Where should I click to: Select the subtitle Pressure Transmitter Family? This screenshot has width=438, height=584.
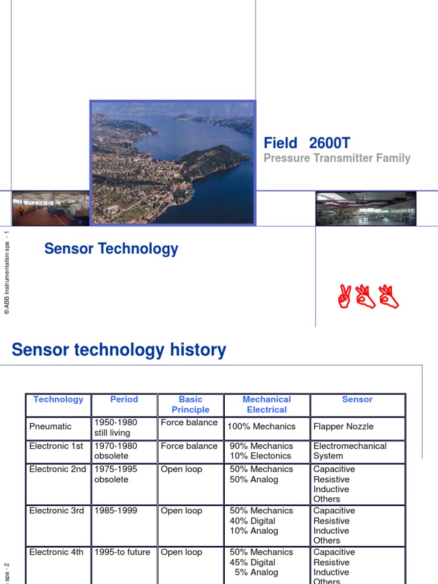336,159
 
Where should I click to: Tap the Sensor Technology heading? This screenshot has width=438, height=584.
111,249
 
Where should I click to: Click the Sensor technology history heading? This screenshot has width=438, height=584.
119,350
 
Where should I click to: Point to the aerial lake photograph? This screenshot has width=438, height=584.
173,163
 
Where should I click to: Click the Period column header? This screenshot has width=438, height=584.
124,399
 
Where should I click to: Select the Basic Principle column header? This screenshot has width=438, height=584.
190,404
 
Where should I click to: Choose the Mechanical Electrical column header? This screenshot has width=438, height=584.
266,404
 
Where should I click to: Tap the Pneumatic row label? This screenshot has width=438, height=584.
50,426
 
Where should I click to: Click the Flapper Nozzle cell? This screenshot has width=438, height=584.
340,426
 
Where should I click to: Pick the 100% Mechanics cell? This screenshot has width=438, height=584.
261,426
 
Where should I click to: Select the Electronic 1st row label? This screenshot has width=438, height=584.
56,446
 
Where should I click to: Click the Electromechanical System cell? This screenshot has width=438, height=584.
350,451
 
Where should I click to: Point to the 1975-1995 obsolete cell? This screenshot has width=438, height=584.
115,474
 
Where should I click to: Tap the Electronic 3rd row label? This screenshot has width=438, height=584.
56,510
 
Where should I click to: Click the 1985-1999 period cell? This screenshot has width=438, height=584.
116,510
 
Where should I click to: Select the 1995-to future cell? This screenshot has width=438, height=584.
122,552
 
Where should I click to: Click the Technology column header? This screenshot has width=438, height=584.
58,399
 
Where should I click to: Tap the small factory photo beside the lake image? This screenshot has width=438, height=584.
50,208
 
